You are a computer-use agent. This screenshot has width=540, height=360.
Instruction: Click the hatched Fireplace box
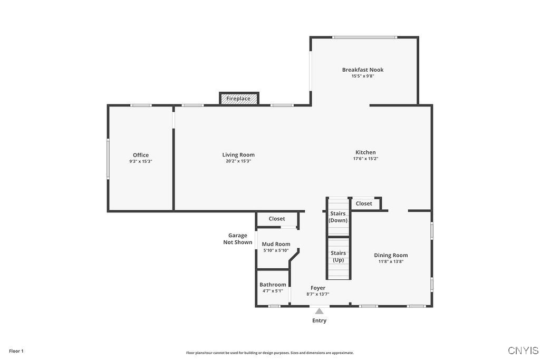[239, 99]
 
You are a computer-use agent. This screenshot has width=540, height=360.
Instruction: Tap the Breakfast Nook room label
[363, 70]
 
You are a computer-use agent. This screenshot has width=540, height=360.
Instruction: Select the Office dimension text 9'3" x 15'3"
[141, 161]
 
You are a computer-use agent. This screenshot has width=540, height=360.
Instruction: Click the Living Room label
[238, 155]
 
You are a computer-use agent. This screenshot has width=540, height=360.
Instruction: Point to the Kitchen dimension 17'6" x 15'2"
[365, 159]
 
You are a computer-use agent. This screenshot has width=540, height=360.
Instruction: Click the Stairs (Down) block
[338, 217]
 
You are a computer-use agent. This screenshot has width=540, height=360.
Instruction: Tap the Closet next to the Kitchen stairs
[364, 203]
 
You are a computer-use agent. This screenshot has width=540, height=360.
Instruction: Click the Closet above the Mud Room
[277, 219]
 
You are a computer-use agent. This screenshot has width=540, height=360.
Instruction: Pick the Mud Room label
[276, 244]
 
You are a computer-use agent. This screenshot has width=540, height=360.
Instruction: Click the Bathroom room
[273, 287]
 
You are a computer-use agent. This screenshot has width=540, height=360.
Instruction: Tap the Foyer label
[318, 288]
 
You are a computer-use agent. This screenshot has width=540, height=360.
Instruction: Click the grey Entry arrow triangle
[319, 311]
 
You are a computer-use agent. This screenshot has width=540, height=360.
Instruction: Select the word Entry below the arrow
[319, 320]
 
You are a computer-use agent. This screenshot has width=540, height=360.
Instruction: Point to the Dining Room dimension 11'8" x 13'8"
[391, 261]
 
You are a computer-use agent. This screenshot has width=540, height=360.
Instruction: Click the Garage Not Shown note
[237, 239]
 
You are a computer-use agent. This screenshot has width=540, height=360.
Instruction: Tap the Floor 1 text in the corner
[16, 351]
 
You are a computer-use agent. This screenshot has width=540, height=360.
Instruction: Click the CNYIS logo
[523, 351]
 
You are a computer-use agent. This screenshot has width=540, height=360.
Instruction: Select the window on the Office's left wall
[108, 159]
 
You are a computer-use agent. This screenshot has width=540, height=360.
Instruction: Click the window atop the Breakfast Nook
[364, 37]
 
